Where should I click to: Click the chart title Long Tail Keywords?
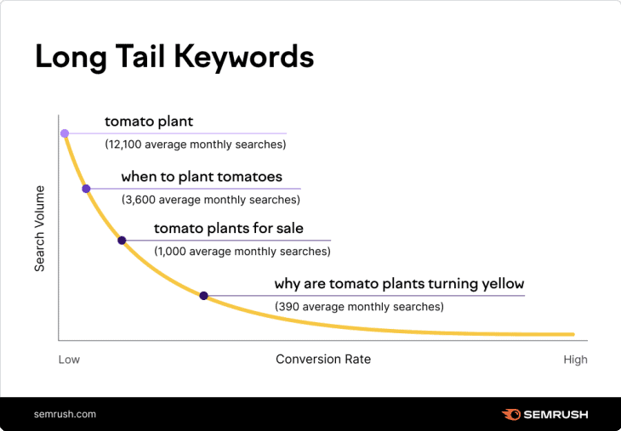point(174,56)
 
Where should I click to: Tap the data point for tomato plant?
point(64,133)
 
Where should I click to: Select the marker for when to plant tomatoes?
point(86,189)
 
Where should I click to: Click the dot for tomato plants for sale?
point(122,241)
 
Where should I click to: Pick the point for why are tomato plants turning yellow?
point(203,296)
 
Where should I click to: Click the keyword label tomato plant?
point(149,122)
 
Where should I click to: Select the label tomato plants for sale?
point(228,229)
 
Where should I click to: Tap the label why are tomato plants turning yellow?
point(398,284)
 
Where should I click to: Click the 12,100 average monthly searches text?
point(195,145)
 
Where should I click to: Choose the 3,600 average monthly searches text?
point(210,200)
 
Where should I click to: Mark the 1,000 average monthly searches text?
point(242,251)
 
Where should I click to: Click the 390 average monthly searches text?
point(358,306)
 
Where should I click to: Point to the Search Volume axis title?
point(39,229)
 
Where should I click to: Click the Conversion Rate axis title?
point(323,359)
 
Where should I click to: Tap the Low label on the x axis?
point(69,360)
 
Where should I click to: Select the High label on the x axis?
point(575,360)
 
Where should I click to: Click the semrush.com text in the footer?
point(65,414)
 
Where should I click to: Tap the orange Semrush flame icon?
point(510,414)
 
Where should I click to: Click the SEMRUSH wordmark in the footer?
point(555,414)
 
